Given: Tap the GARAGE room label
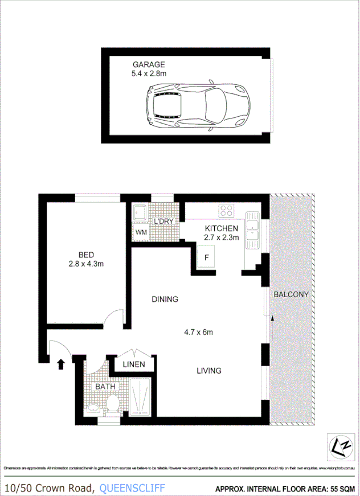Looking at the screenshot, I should pyautogui.click(x=149, y=64).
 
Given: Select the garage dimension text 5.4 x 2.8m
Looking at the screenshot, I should pyautogui.click(x=149, y=73).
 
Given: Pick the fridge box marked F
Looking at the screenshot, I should pyautogui.click(x=206, y=257).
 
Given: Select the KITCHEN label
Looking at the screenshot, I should pyautogui.click(x=222, y=228).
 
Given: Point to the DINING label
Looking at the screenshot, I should pyautogui.click(x=165, y=299).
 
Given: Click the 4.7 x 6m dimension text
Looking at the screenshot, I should pyautogui.click(x=198, y=332).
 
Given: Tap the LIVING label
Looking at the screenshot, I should pyautogui.click(x=208, y=371).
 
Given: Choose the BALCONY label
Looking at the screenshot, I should pyautogui.click(x=291, y=294).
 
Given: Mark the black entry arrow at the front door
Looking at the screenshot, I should pyautogui.click(x=60, y=363).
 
